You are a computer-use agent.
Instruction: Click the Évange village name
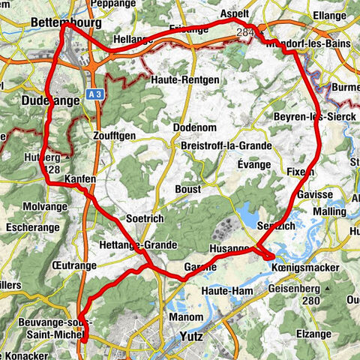pos(253,162)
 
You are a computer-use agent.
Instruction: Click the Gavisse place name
pos(313,194)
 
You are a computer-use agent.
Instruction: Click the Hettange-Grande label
pos(137,245)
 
